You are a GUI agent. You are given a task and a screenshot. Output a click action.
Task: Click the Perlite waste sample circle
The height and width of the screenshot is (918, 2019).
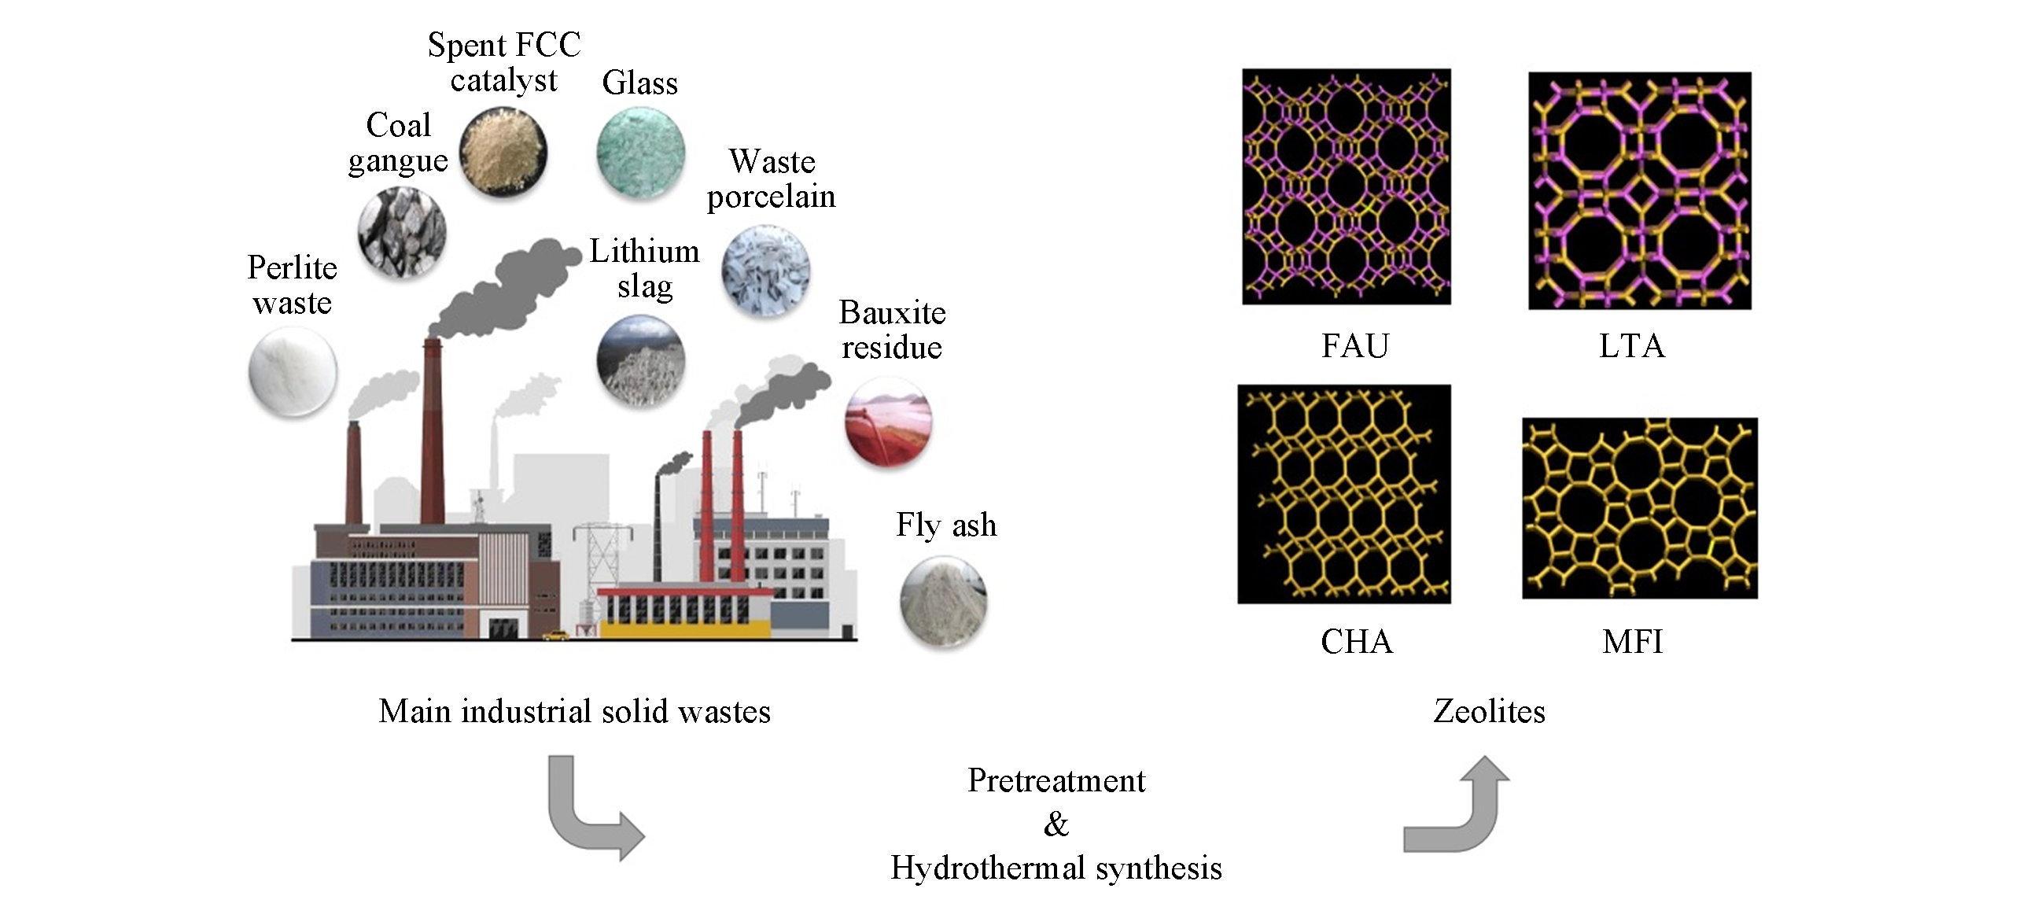click(293, 372)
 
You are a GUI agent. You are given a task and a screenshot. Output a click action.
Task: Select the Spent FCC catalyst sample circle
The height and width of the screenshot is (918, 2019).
click(503, 153)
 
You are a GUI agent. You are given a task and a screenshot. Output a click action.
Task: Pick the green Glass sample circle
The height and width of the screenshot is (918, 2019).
click(640, 153)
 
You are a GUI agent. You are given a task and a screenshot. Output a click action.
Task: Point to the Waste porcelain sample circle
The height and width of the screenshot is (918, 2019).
click(765, 271)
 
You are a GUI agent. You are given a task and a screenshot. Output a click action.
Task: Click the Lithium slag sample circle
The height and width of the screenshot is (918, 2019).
click(640, 359)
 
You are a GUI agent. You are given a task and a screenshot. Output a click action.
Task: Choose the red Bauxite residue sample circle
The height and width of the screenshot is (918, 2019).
click(888, 421)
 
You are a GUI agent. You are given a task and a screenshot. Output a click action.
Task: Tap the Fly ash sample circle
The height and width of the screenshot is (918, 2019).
click(943, 602)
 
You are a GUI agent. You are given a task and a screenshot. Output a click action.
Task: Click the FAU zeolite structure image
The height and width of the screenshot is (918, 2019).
click(1346, 186)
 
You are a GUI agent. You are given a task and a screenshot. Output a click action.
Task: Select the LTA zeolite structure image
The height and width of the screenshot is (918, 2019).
click(1639, 190)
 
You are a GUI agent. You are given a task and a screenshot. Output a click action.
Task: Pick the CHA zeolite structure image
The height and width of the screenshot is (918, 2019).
click(1343, 494)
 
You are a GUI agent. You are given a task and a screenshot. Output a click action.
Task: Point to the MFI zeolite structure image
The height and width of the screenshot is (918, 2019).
click(1639, 508)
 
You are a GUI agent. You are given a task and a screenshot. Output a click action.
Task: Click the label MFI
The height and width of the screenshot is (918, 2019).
click(1632, 642)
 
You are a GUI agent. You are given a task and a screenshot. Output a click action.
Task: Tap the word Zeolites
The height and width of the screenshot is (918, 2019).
click(1488, 711)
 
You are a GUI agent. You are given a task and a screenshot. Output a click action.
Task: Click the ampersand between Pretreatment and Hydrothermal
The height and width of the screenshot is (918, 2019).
click(1056, 824)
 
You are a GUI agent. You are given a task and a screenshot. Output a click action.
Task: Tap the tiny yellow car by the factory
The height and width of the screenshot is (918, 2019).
click(555, 635)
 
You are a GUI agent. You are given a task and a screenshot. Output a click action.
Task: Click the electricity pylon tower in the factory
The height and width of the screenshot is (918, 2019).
click(602, 562)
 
